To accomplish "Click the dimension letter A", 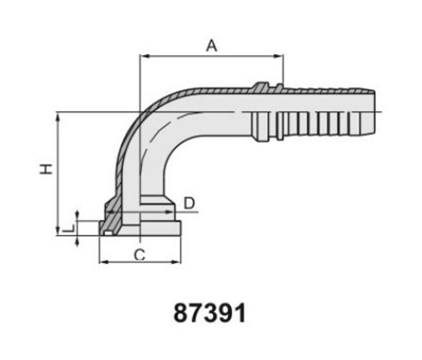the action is (x=212, y=46).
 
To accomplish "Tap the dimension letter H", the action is (x=46, y=169).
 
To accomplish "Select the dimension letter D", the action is (x=189, y=204).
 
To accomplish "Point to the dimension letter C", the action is (x=139, y=255).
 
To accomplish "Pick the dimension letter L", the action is (x=69, y=230).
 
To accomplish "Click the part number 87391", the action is (x=210, y=314).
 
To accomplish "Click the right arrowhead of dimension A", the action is (x=278, y=56).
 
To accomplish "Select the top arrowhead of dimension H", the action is (x=57, y=117).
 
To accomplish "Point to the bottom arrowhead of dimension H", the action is (x=57, y=231).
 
